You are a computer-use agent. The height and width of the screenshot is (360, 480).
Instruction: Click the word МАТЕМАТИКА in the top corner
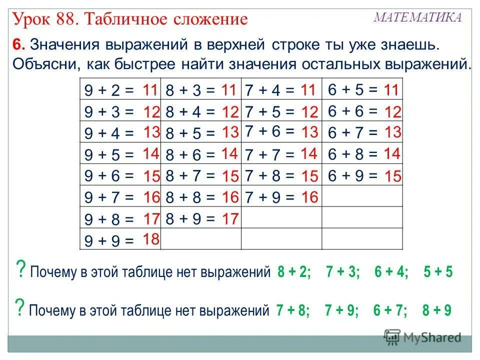coord(418,18)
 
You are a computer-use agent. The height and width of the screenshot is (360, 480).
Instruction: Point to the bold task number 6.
coord(18,45)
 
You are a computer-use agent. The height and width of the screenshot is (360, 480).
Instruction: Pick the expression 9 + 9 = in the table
coord(109,241)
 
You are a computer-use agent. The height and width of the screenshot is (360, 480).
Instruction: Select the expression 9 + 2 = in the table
coord(109,90)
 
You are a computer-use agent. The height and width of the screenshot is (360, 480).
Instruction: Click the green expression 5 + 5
coord(437,272)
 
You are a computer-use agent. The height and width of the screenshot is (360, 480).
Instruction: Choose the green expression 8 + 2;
coord(294,272)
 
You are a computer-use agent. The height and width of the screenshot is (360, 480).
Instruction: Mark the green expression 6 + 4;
coord(391,272)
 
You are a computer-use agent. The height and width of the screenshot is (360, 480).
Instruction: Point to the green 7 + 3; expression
coord(342,272)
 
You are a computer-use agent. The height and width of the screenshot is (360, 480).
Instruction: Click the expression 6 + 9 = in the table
coord(353,176)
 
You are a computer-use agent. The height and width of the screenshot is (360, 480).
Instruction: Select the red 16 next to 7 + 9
coord(309,197)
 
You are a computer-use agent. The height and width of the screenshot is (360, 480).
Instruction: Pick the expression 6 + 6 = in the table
coord(353,112)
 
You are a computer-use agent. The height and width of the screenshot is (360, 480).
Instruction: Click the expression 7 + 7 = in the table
coord(270,155)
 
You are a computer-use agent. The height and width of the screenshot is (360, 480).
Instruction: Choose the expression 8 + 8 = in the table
coord(189,198)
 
